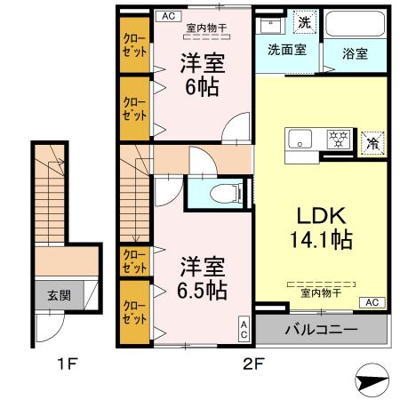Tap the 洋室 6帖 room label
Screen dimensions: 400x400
pos(202,76)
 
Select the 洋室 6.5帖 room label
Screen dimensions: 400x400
pos(204,277)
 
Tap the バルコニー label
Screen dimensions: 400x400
pos(321,330)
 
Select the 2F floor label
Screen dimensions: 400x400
pos(255,364)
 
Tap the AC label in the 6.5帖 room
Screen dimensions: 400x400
pos(244,330)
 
